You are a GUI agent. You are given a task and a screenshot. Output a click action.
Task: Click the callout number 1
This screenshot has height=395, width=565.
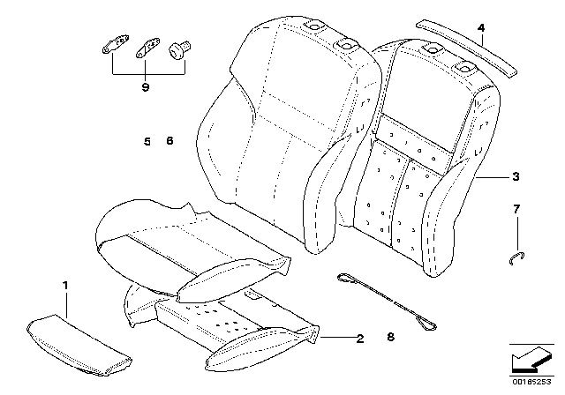click(x=64, y=286)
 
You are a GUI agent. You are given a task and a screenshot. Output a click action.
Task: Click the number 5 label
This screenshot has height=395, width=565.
click(x=147, y=141)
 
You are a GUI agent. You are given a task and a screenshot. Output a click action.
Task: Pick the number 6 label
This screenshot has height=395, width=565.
click(x=169, y=141)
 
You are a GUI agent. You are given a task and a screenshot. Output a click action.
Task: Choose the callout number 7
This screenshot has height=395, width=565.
click(x=517, y=209)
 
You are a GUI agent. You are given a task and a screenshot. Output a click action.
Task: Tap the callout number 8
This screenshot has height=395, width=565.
click(x=389, y=336)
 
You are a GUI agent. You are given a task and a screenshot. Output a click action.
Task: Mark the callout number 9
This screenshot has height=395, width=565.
click(x=146, y=88)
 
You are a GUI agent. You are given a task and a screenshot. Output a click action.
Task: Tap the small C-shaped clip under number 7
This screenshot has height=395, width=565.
click(x=518, y=257)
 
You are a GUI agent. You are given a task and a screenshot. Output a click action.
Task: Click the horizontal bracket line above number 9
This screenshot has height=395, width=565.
click(x=146, y=74)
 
